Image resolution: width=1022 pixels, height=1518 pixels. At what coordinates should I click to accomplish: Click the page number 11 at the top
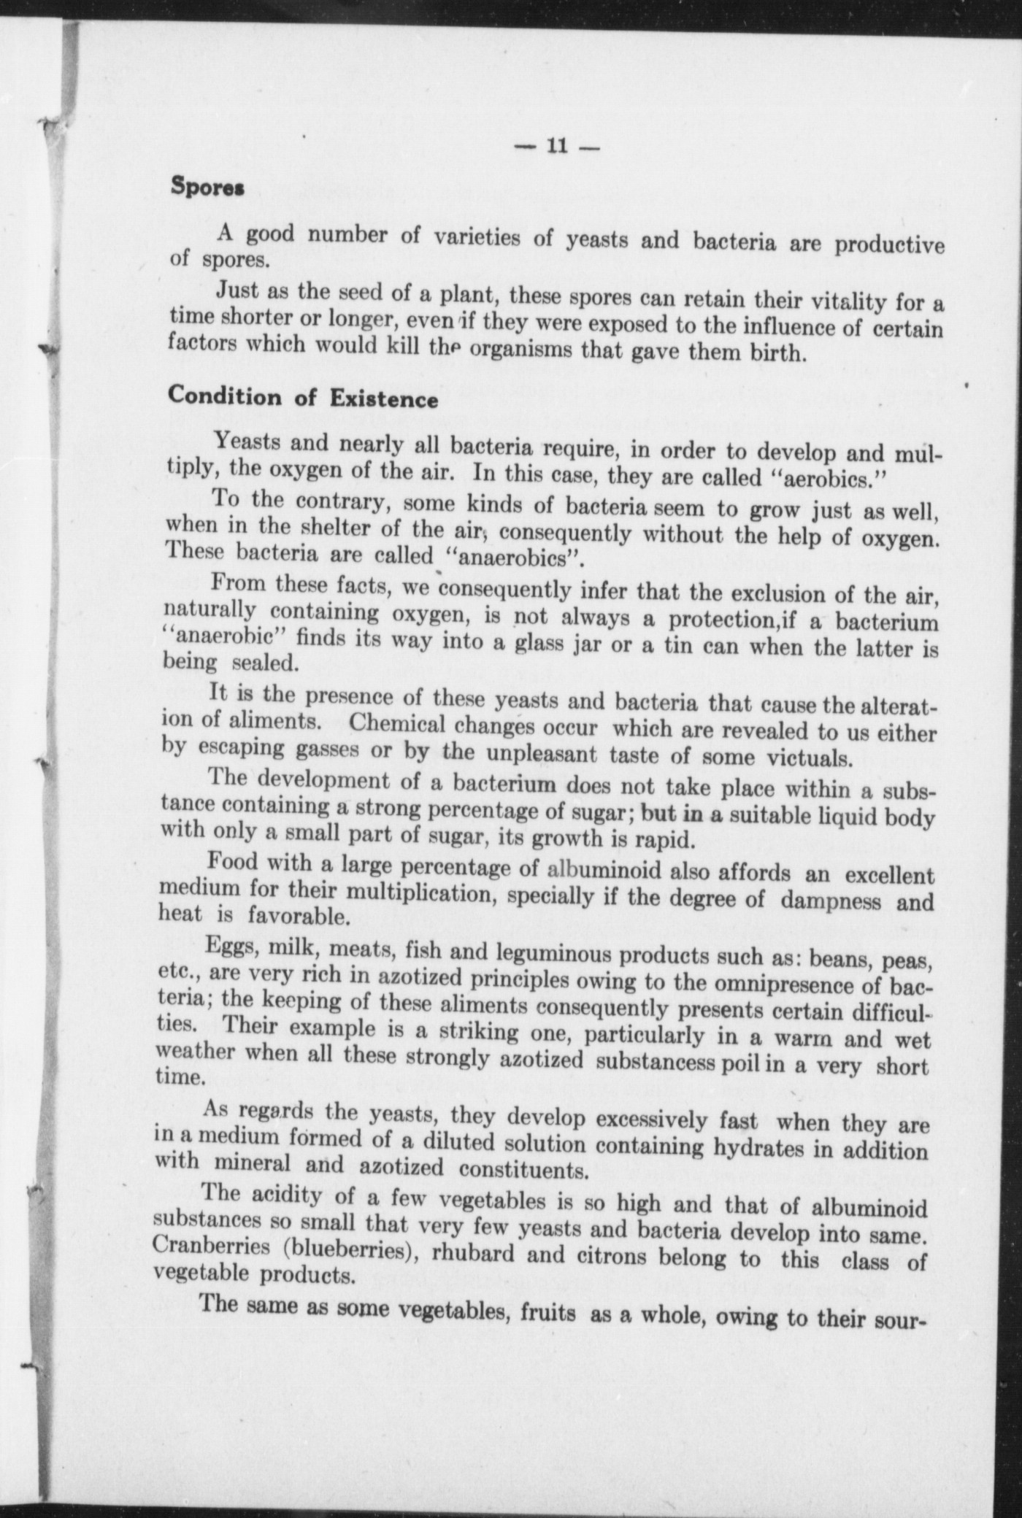(556, 146)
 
